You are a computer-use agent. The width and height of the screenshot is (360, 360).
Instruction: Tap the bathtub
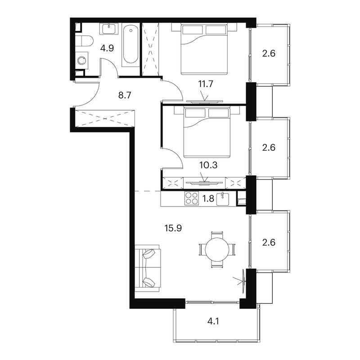click(x=130, y=45)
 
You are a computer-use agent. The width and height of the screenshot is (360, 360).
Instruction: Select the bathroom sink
click(x=109, y=29)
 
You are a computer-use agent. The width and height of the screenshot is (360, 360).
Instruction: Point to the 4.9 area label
click(x=107, y=49)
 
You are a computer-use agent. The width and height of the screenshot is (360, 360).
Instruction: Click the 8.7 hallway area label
click(x=125, y=95)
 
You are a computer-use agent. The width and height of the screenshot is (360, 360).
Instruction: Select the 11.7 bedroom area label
click(x=206, y=84)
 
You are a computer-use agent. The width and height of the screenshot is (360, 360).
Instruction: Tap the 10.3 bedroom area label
click(x=208, y=165)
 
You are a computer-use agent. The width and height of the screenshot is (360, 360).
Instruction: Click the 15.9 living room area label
click(x=173, y=228)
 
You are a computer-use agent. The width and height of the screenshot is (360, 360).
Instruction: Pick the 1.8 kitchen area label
click(x=208, y=198)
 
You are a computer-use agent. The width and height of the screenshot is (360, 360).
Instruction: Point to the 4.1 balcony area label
click(x=213, y=321)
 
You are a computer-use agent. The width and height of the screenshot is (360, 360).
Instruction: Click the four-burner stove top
click(x=192, y=198)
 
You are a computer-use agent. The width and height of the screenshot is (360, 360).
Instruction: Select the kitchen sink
click(x=223, y=199)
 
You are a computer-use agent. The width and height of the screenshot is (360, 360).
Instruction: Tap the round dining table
click(x=217, y=250)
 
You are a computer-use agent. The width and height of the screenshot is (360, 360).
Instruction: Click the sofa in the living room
click(x=148, y=268)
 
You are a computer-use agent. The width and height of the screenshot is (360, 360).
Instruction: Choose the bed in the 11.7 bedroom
click(x=204, y=49)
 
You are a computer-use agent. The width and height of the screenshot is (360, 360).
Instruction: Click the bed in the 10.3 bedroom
click(x=207, y=132)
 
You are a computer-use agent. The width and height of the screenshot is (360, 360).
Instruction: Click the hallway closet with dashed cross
click(x=105, y=118)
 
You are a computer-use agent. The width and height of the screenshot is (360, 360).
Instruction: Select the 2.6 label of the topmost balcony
click(x=269, y=54)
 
